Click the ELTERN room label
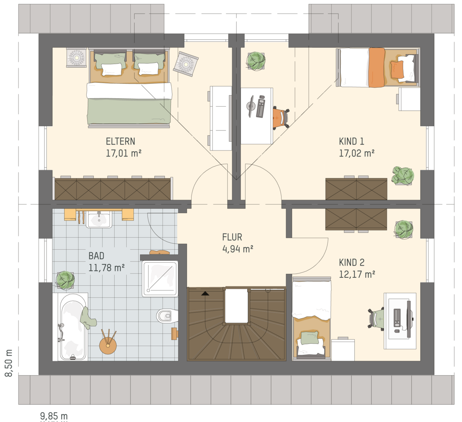coord(121,141)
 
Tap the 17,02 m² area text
coord(357,153)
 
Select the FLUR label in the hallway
coord(232,237)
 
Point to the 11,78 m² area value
coord(106,268)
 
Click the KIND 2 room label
coord(352,262)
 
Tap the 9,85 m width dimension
coord(54,416)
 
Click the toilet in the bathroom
coord(167,316)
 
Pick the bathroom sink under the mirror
coord(99,219)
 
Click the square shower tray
coord(160,279)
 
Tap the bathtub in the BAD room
coord(72,327)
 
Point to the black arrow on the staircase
coord(205,293)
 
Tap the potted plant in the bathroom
coord(65,280)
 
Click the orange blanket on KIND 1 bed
coord(377,67)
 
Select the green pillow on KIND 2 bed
coord(310,338)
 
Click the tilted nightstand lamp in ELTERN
coord(186,64)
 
